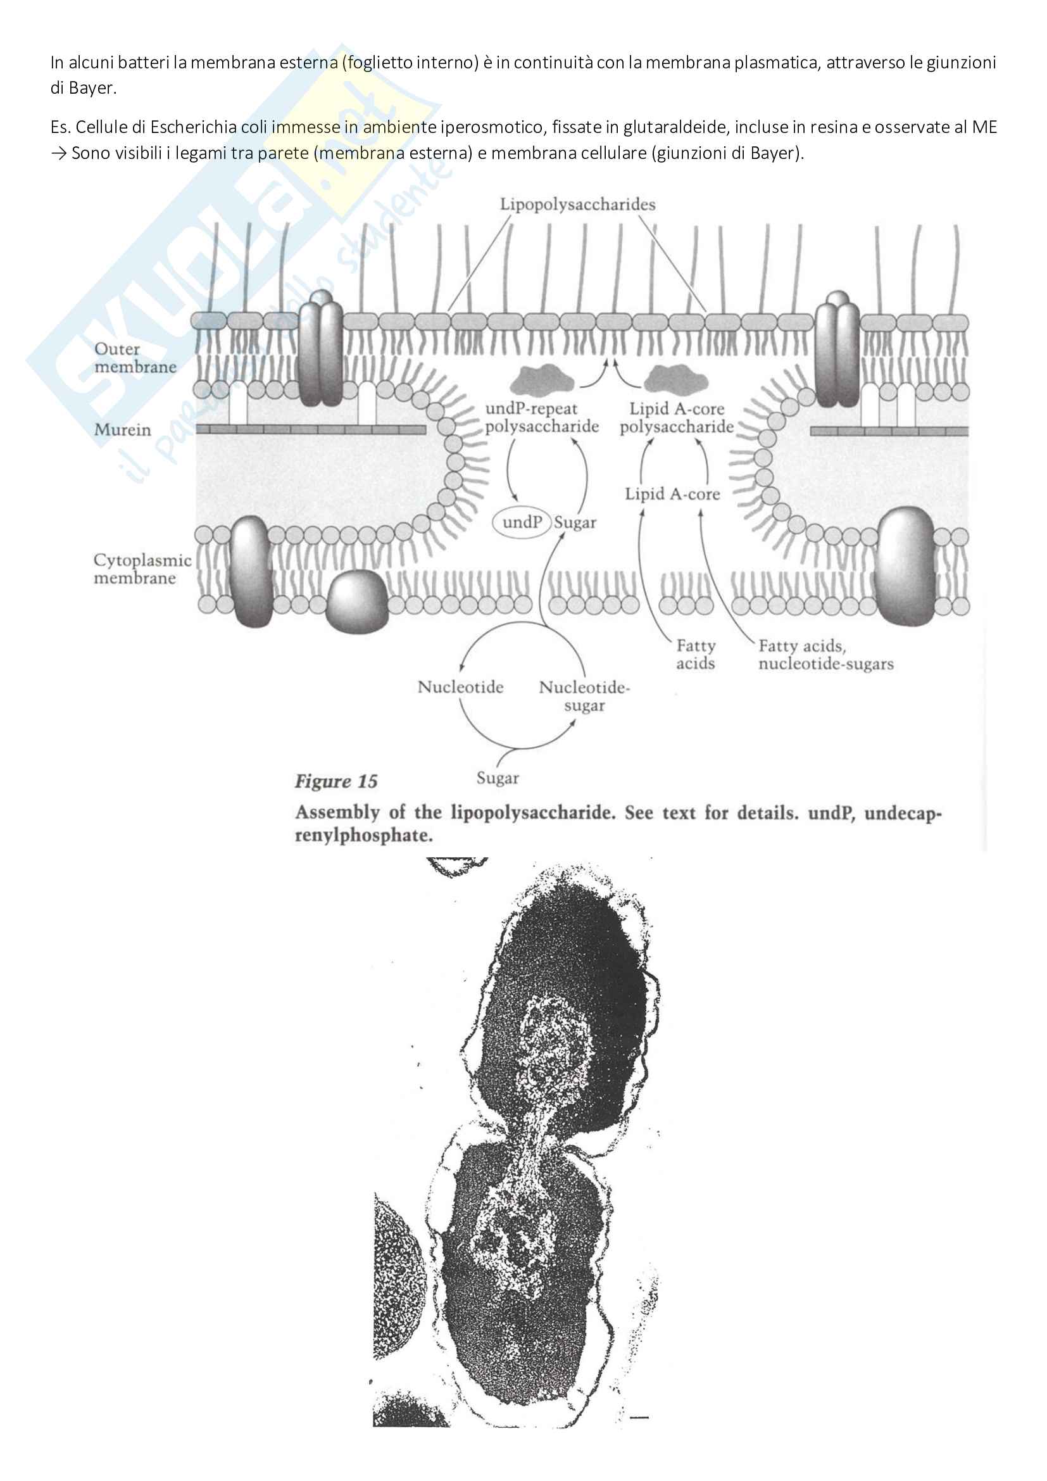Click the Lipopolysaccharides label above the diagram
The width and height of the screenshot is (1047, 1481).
(578, 205)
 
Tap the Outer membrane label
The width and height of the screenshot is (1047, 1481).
(135, 358)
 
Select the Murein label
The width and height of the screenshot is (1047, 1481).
(123, 429)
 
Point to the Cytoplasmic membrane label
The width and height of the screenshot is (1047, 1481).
(142, 569)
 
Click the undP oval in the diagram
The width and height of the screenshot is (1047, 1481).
(522, 522)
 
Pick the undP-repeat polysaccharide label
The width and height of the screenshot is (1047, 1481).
(542, 417)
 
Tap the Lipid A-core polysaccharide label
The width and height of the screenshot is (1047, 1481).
(676, 418)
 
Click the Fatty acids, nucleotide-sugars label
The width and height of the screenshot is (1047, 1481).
(825, 655)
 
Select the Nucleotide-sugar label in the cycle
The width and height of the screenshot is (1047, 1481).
(584, 696)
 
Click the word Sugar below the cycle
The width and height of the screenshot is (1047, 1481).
(498, 778)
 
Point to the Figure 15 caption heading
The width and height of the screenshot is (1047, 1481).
(336, 782)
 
